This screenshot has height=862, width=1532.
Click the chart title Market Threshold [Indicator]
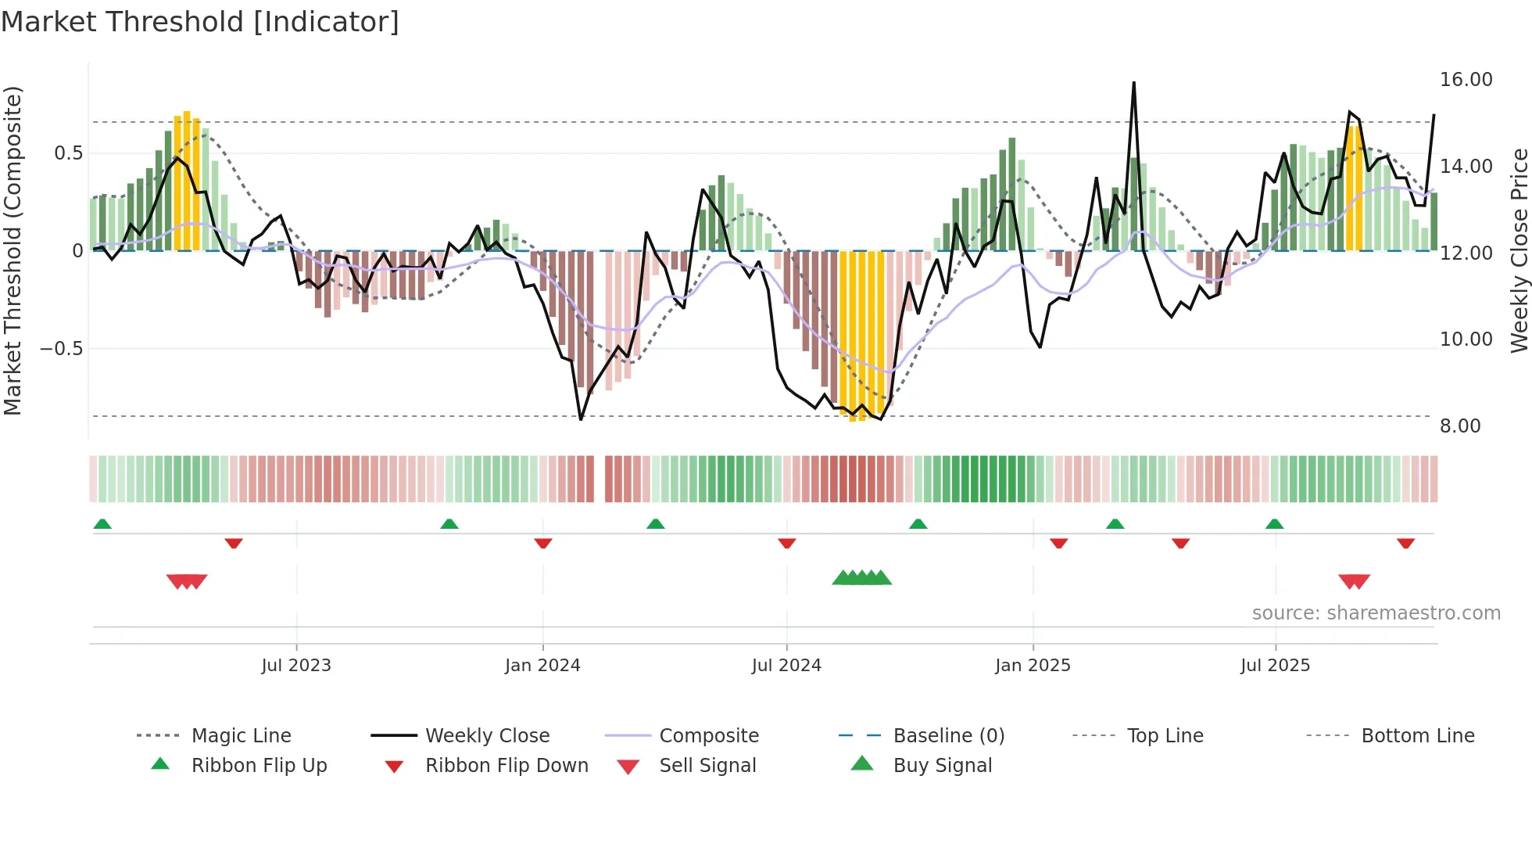pos(200,22)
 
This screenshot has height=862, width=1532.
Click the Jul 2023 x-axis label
pos(296,666)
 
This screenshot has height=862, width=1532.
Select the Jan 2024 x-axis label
pos(542,666)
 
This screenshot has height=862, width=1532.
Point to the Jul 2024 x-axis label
pos(786,666)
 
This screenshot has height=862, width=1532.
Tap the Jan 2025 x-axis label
pos(1033,666)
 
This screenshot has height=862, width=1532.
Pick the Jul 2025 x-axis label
pos(1275,666)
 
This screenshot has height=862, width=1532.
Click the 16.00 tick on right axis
pos(1466,80)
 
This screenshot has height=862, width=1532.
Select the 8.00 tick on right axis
pos(1460,426)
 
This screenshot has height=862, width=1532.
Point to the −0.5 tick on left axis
pos(62,348)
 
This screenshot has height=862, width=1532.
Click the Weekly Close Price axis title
pos(1519,250)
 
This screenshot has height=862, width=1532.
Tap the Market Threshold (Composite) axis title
pos(13,250)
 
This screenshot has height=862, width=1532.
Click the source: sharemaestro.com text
pos(1376,613)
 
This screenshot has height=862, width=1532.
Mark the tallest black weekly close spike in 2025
pos(1133,84)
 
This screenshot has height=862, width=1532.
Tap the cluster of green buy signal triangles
pos(861,578)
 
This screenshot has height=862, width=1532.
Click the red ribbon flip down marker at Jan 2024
pos(543,544)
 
